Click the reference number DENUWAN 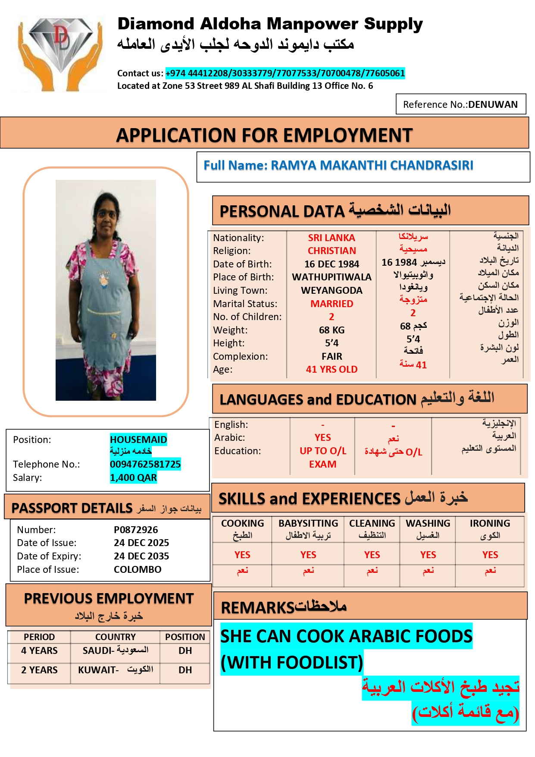pyautogui.click(x=493, y=105)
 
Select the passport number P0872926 pyautogui.click(x=136, y=530)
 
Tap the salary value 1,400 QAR pyautogui.click(x=133, y=477)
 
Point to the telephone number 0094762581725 pyautogui.click(x=145, y=464)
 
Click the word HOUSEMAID pyautogui.click(x=138, y=440)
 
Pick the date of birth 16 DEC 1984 pyautogui.click(x=332, y=264)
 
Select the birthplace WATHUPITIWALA pyautogui.click(x=332, y=277)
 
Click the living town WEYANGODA pyautogui.click(x=332, y=290)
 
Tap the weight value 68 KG pyautogui.click(x=332, y=330)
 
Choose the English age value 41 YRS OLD pyautogui.click(x=332, y=369)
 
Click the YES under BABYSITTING pyautogui.click(x=308, y=555)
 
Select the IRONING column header pyautogui.click(x=490, y=524)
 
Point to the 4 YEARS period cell pyautogui.click(x=39, y=650)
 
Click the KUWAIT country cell pyautogui.click(x=115, y=670)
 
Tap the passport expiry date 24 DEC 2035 pyautogui.click(x=141, y=556)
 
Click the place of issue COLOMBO pyautogui.click(x=138, y=569)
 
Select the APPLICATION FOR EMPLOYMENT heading pyautogui.click(x=264, y=135)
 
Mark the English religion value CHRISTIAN pyautogui.click(x=332, y=251)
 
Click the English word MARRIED pyautogui.click(x=332, y=304)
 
